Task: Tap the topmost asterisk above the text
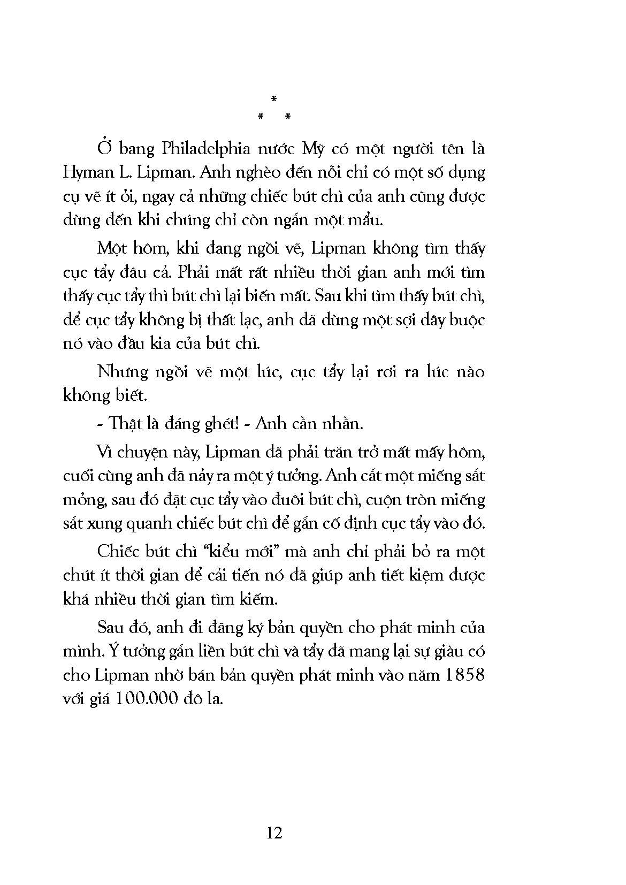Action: click(273, 99)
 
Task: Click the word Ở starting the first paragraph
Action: click(105, 148)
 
